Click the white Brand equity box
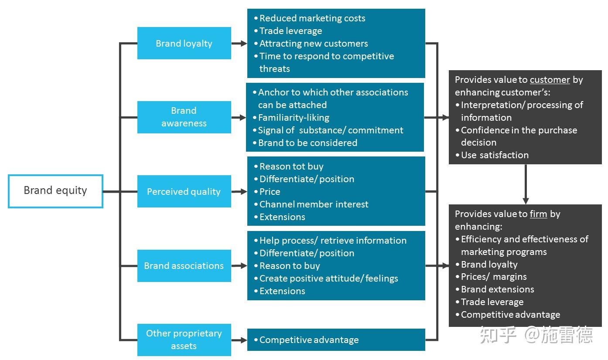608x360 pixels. click(x=55, y=191)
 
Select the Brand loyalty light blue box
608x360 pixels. click(x=184, y=43)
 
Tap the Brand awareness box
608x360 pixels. click(x=184, y=117)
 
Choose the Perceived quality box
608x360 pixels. click(x=184, y=191)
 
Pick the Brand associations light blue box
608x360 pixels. click(x=184, y=265)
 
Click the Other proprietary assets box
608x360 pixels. click(x=184, y=340)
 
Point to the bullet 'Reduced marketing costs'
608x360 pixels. click(x=312, y=18)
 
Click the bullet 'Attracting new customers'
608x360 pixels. click(x=313, y=44)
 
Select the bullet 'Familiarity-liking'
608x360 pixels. click(x=293, y=118)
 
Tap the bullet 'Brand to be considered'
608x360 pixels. click(x=307, y=143)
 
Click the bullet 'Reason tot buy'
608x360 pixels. click(x=291, y=166)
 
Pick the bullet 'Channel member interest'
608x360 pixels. click(x=314, y=204)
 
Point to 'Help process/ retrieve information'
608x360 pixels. click(x=332, y=241)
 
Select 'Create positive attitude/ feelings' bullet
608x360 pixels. click(x=328, y=278)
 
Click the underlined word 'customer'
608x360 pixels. click(x=550, y=80)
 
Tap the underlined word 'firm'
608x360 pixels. click(x=538, y=214)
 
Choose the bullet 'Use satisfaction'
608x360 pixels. click(x=494, y=155)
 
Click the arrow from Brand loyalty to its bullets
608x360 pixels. click(x=239, y=43)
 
